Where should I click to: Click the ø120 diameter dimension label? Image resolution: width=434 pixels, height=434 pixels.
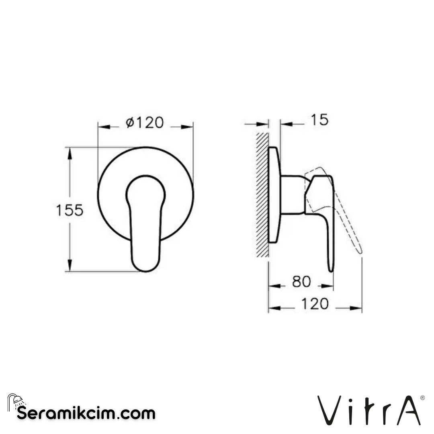coord(145,123)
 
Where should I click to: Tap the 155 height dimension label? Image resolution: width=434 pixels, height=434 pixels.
coord(70,210)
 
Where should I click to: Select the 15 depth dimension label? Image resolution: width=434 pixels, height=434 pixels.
coord(319,120)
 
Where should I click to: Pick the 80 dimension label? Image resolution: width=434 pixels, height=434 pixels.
coord(301,282)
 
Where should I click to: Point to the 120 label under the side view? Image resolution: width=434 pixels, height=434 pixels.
coord(315,304)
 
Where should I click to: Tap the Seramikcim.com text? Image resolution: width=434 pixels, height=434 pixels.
coord(86,413)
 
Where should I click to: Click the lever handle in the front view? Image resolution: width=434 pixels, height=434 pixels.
coord(145,225)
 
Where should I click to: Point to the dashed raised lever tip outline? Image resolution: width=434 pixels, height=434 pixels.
coord(358,249)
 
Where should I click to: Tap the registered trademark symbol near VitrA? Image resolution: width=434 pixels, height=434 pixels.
coord(422,397)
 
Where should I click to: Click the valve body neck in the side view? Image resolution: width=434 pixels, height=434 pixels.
coord(293,194)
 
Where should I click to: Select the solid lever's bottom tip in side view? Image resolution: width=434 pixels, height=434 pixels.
coord(331,268)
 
